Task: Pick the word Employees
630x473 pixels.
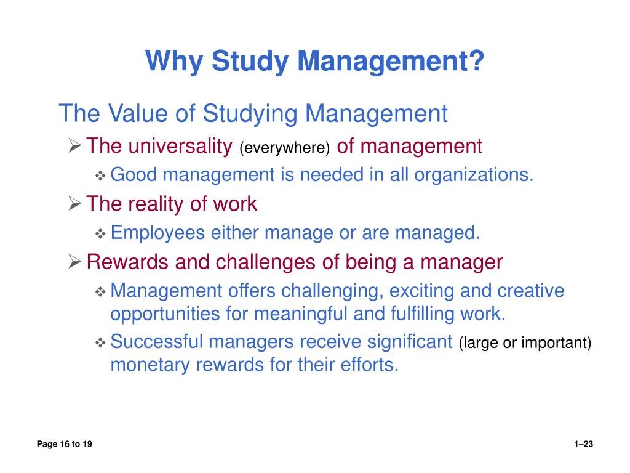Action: [158, 233]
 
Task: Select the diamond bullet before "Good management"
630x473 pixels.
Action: [101, 176]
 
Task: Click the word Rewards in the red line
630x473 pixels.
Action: [128, 262]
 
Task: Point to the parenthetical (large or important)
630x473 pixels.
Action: [525, 343]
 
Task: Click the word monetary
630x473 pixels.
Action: [150, 365]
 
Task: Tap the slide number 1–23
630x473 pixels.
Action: [583, 445]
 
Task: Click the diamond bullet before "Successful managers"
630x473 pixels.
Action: [101, 342]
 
